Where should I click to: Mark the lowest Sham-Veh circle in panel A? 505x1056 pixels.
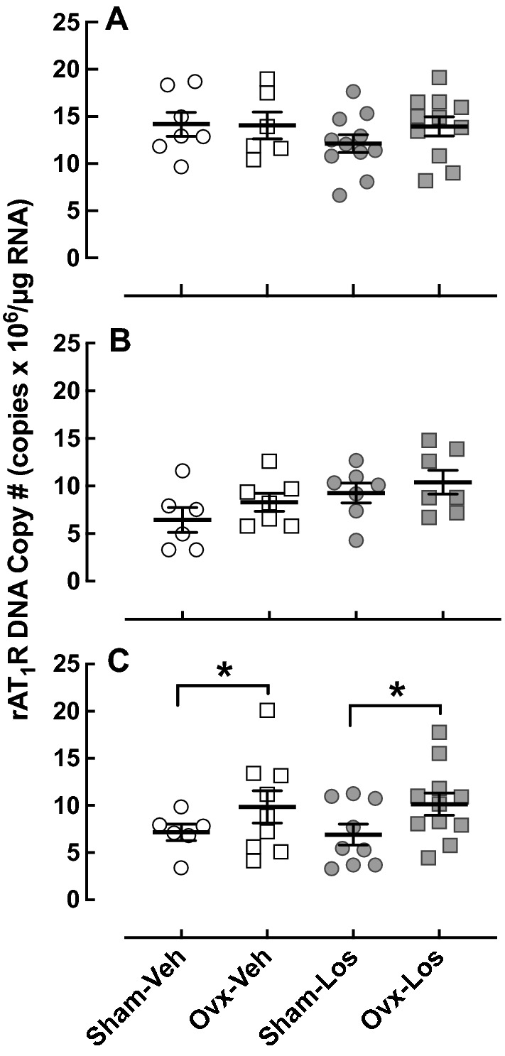click(181, 167)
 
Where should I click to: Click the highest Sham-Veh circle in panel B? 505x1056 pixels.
click(183, 470)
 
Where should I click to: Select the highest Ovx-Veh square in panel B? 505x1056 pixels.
click(268, 461)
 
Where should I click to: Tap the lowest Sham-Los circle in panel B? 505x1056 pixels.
click(357, 540)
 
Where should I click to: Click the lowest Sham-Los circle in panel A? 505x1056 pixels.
click(340, 195)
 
